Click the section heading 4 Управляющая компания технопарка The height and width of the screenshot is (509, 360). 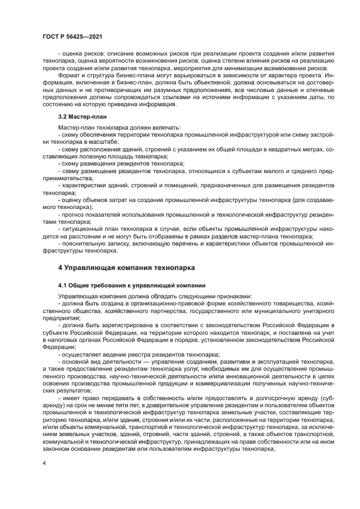[126, 267]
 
